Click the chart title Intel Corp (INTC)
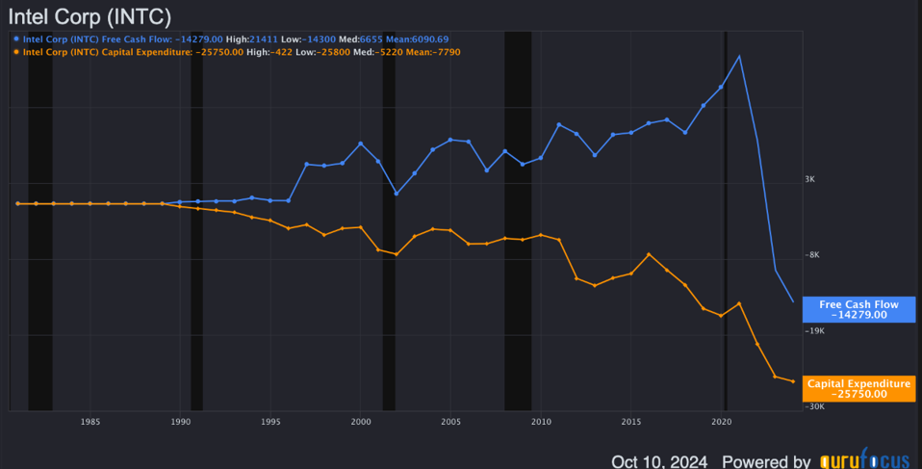[x=90, y=16]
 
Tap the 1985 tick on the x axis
[x=90, y=422]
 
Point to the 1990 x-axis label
[x=180, y=422]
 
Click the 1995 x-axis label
[x=270, y=422]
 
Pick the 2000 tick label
[x=361, y=422]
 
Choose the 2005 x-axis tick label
[x=450, y=422]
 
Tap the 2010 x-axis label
[x=541, y=422]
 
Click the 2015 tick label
[x=631, y=422]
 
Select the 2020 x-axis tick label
[x=721, y=422]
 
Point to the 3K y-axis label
[x=810, y=180]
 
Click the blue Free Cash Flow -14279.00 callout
[x=858, y=309]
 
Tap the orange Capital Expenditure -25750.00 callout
[x=858, y=388]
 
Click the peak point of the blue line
[x=739, y=56]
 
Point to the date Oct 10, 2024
[x=659, y=460]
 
